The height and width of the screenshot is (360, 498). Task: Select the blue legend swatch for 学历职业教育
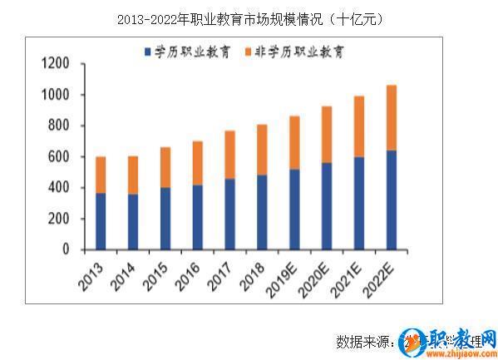pyautogui.click(x=147, y=52)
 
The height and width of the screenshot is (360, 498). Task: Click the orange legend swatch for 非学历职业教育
pyautogui.click(x=249, y=52)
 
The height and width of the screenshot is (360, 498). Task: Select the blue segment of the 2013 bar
pyautogui.click(x=101, y=221)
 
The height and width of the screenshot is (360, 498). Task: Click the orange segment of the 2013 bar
pyautogui.click(x=101, y=175)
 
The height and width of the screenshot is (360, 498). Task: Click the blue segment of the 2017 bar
pyautogui.click(x=229, y=214)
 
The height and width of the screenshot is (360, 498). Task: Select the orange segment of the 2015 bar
pyautogui.click(x=165, y=167)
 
